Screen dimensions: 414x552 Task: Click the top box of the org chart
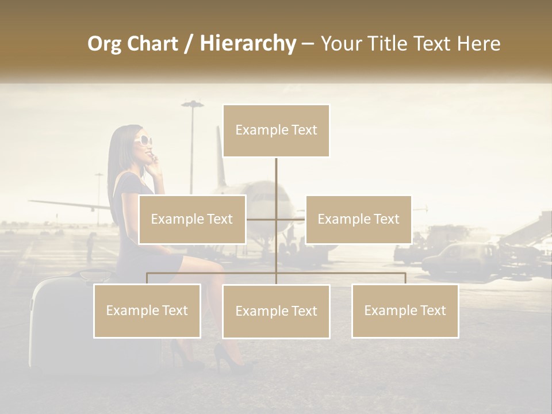point(276,131)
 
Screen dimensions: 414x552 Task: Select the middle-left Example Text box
point(192,219)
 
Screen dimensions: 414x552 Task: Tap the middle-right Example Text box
point(358,219)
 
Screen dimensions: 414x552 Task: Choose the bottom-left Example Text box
point(147,310)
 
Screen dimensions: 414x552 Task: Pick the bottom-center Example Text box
point(276,311)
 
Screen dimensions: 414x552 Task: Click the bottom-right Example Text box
point(405,310)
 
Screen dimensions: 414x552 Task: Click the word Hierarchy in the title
point(247,44)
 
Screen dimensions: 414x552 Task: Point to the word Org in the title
point(104,44)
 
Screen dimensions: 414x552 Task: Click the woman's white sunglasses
point(143,140)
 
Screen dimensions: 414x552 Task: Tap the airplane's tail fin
point(220,155)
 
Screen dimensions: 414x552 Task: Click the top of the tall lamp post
point(192,105)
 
